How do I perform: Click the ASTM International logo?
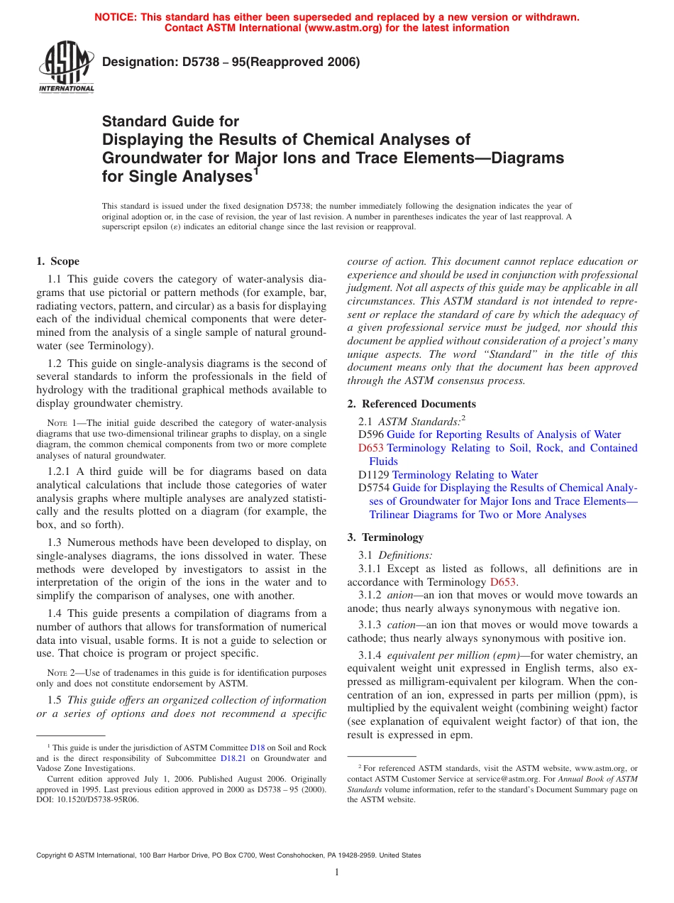coord(65,67)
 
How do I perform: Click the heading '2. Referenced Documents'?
coord(411,404)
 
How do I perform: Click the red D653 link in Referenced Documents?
coord(371,448)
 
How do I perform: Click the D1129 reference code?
coord(374,475)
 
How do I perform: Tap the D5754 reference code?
coord(374,488)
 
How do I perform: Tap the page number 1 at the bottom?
coord(337,872)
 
